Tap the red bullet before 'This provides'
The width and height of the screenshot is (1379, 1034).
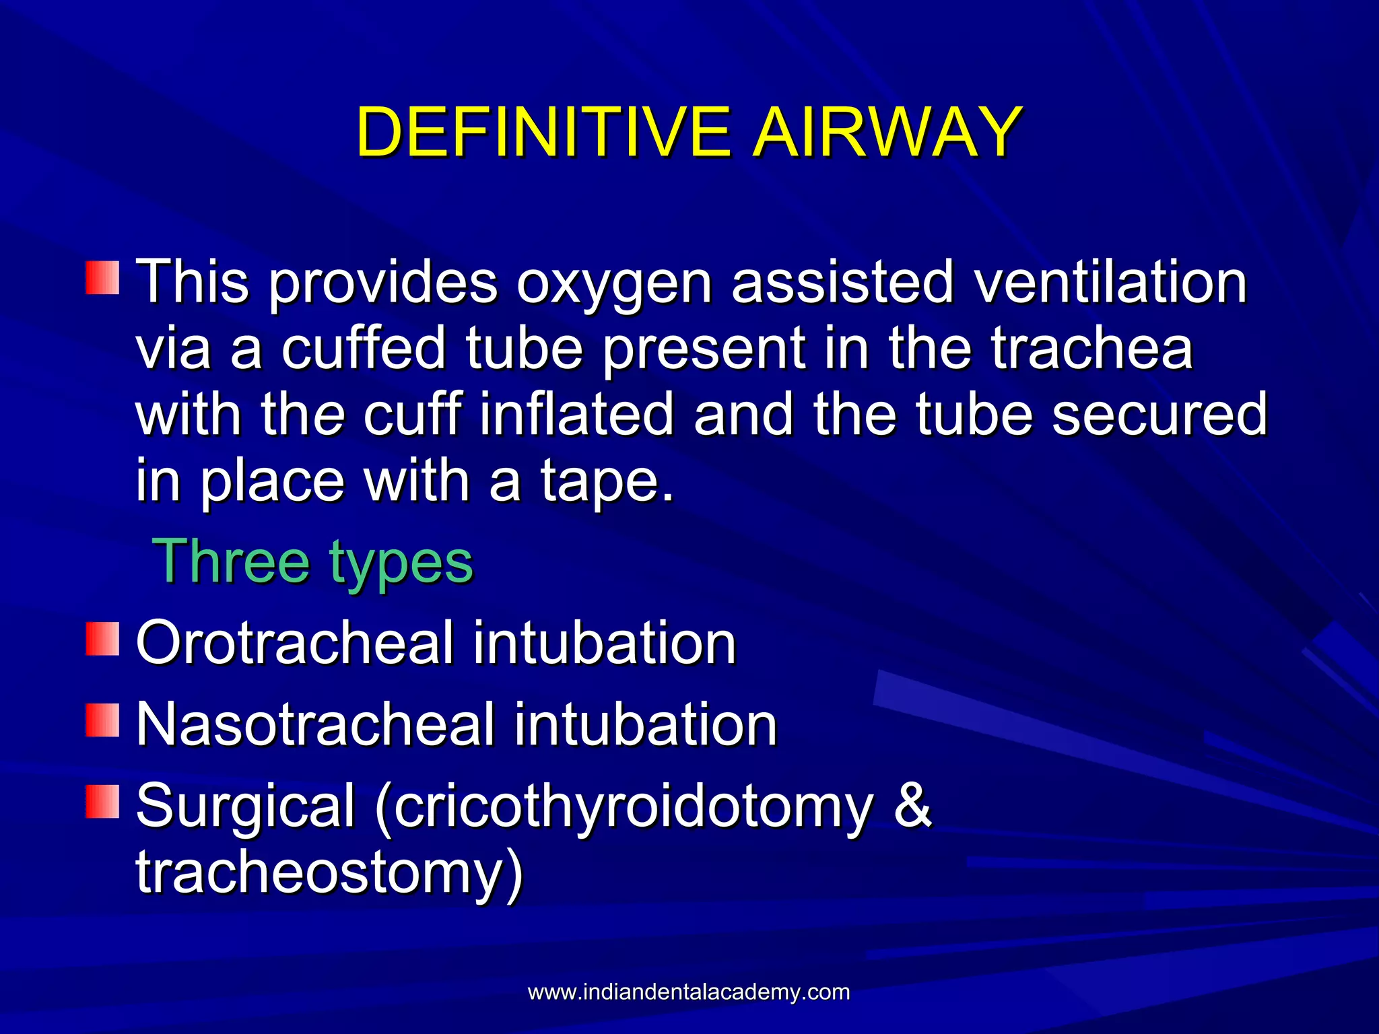point(102,278)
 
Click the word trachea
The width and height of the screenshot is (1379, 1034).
point(1091,348)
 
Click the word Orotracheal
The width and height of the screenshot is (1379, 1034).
point(295,643)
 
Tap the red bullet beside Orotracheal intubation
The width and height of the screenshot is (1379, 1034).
point(102,639)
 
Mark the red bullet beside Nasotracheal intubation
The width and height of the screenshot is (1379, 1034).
point(102,720)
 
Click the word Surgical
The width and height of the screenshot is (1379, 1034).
point(246,806)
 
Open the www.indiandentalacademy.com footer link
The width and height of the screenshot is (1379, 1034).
point(688,992)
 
